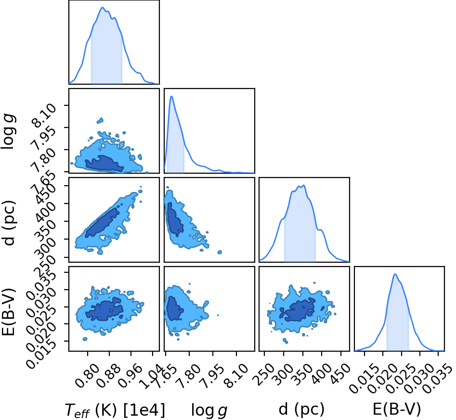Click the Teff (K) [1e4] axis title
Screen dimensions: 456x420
pyautogui.click(x=115, y=410)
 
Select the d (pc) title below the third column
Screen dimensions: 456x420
pyautogui.click(x=301, y=409)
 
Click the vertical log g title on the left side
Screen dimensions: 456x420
pyautogui.click(x=8, y=132)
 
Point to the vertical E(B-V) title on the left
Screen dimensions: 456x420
pyautogui.click(x=8, y=312)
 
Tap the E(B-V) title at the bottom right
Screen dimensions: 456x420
pyautogui.click(x=397, y=409)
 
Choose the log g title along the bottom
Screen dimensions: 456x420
pyautogui.click(x=209, y=410)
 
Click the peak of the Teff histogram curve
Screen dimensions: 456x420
pyautogui.click(x=103, y=7)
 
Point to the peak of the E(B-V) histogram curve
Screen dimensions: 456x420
pyautogui.click(x=395, y=274)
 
